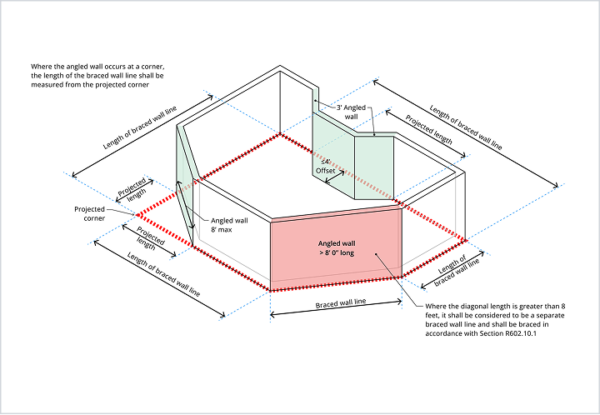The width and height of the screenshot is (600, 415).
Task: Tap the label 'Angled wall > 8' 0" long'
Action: pos(337,248)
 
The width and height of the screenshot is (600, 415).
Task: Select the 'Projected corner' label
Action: pos(90,214)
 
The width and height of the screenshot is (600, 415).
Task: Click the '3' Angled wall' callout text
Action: pos(352,112)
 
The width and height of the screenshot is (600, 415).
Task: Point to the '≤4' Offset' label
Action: pos(325,167)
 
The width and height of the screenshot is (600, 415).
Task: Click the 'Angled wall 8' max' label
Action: pos(229,225)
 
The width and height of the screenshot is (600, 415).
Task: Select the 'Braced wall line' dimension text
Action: pos(341,303)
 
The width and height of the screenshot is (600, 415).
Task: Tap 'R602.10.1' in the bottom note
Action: pos(521,333)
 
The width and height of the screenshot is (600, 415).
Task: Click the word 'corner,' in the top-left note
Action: pos(153,67)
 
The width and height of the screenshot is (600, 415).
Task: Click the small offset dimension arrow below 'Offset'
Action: pos(334,176)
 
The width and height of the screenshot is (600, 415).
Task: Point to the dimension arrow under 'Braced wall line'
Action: pos(336,308)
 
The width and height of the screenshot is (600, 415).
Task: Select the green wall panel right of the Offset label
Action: pos(374,167)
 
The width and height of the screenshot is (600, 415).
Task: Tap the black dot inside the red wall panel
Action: pos(376,253)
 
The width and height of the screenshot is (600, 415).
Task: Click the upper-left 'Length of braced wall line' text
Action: pos(140,127)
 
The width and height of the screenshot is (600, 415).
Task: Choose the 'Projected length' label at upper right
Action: pos(429,130)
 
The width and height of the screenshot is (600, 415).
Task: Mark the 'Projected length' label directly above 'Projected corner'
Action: pos(132,189)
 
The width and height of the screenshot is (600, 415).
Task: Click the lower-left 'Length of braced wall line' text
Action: pos(163,274)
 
